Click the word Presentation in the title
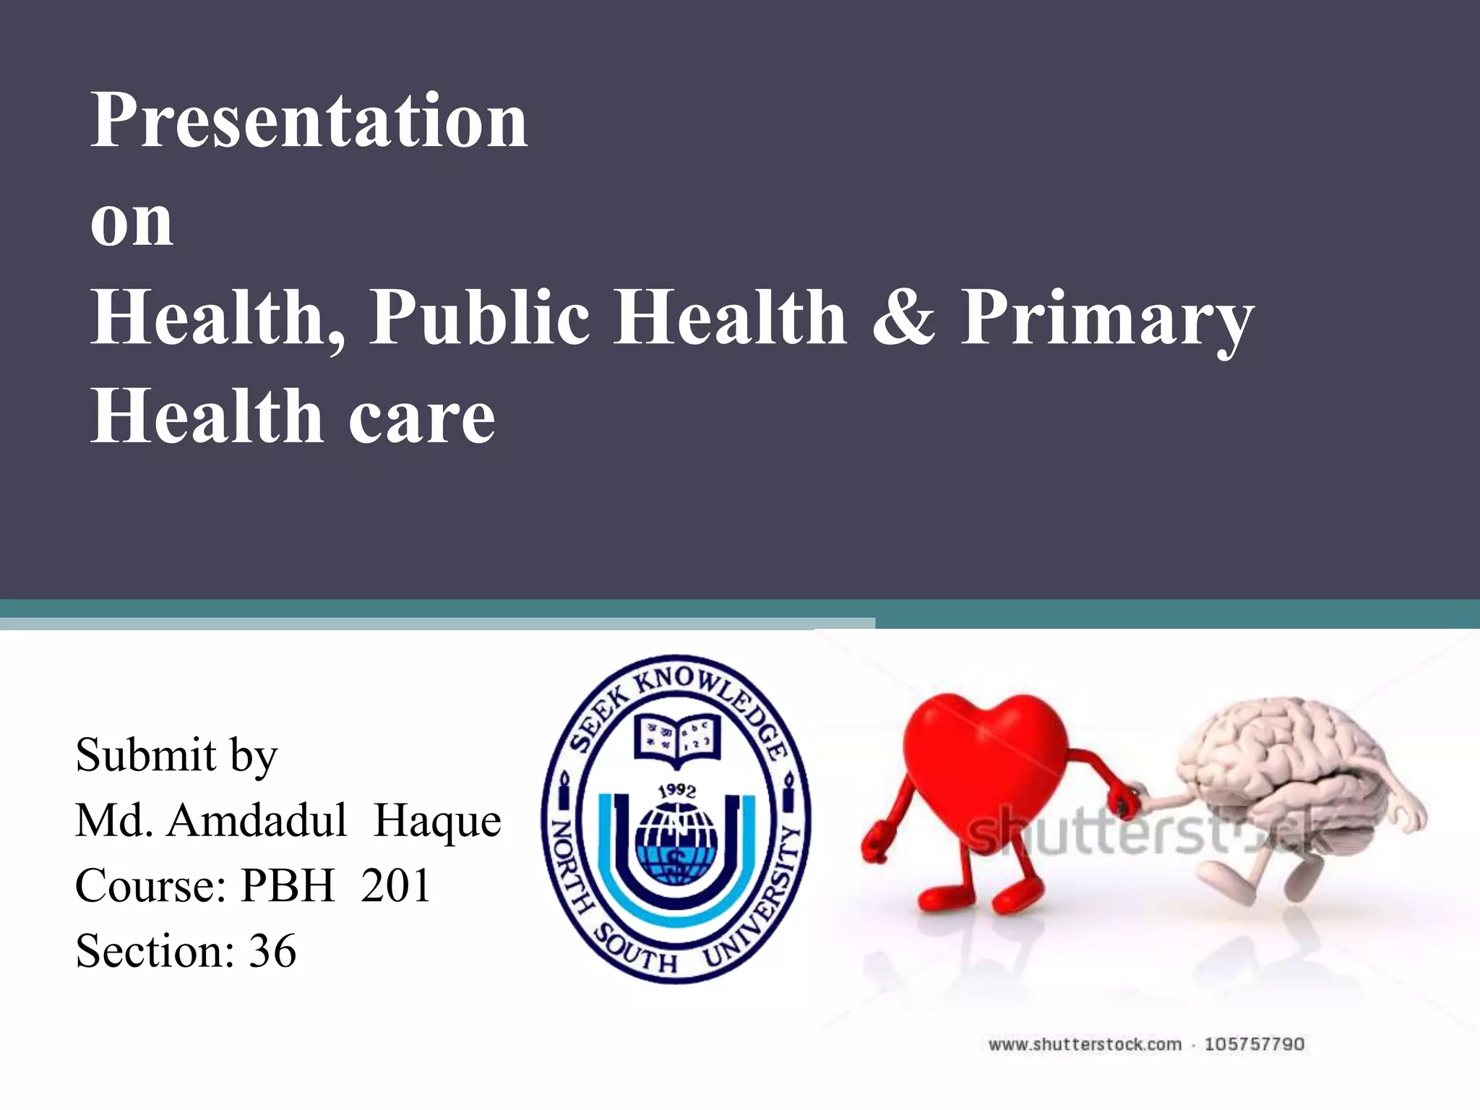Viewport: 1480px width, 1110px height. click(x=309, y=121)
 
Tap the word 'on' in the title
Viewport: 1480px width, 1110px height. click(x=132, y=222)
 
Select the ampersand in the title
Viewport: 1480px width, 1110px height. click(x=903, y=318)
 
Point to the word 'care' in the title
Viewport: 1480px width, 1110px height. click(x=422, y=418)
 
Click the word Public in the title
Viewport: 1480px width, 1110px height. click(x=479, y=318)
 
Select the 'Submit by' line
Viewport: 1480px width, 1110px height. click(x=176, y=756)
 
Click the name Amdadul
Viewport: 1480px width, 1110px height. click(x=257, y=821)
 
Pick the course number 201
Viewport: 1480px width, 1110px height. click(x=395, y=885)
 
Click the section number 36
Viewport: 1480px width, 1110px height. click(x=272, y=950)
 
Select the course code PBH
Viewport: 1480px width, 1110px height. click(x=287, y=885)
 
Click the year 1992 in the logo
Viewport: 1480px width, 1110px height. click(x=676, y=791)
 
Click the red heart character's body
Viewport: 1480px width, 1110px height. click(x=983, y=759)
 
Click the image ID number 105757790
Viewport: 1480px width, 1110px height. click(x=1254, y=1044)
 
